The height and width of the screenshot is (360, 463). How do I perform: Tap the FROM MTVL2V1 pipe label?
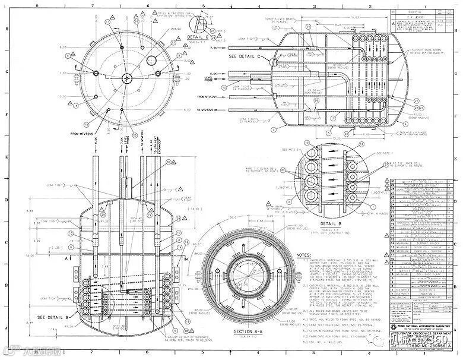click(x=210, y=97)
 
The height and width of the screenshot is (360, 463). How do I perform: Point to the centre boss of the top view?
click(x=126, y=78)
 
